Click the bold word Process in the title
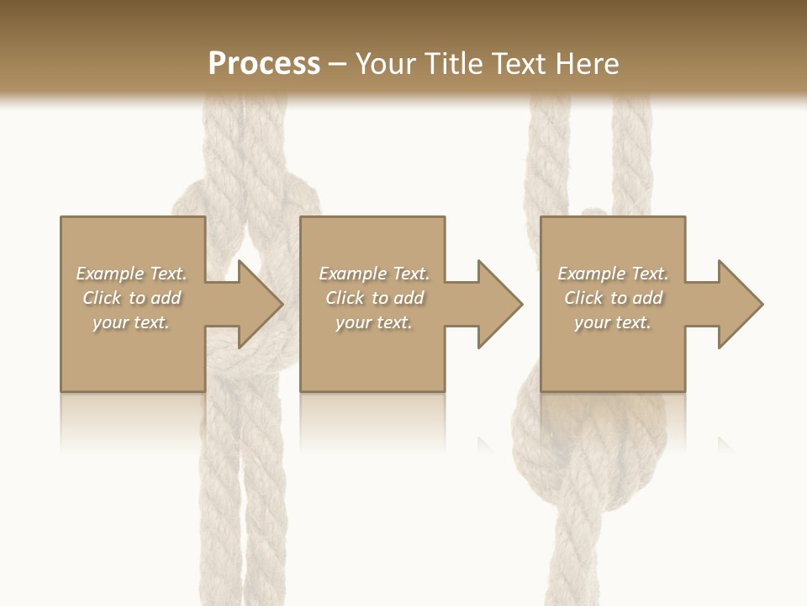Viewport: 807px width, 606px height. coord(264,63)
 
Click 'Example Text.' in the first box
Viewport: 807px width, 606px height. coord(132,274)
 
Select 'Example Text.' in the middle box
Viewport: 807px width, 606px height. coord(374,274)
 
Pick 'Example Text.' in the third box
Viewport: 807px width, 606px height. coord(613,274)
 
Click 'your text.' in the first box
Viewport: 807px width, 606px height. coord(131,322)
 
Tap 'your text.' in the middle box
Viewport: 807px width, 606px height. coord(373,322)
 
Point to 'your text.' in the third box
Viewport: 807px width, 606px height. coord(613,322)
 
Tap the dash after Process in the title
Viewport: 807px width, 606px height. coord(337,65)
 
